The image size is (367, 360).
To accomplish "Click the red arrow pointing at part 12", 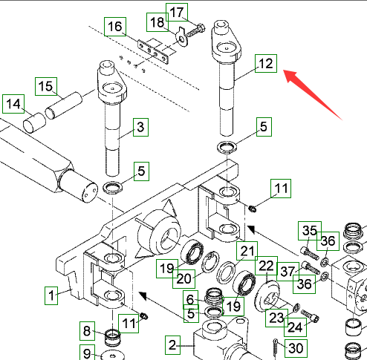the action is click(x=313, y=95).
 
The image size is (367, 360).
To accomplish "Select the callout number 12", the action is click(x=266, y=64).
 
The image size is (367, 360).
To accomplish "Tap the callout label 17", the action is click(x=177, y=13).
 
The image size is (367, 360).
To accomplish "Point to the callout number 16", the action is click(x=115, y=27).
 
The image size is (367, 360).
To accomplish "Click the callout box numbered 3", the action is click(x=140, y=127).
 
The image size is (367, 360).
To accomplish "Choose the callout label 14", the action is click(x=13, y=104).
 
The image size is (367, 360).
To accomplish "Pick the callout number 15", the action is click(x=46, y=86).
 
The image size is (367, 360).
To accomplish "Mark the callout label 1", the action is click(x=51, y=295).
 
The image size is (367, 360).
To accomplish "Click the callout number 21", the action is click(x=247, y=251).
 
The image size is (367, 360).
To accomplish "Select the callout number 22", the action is click(x=266, y=266).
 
